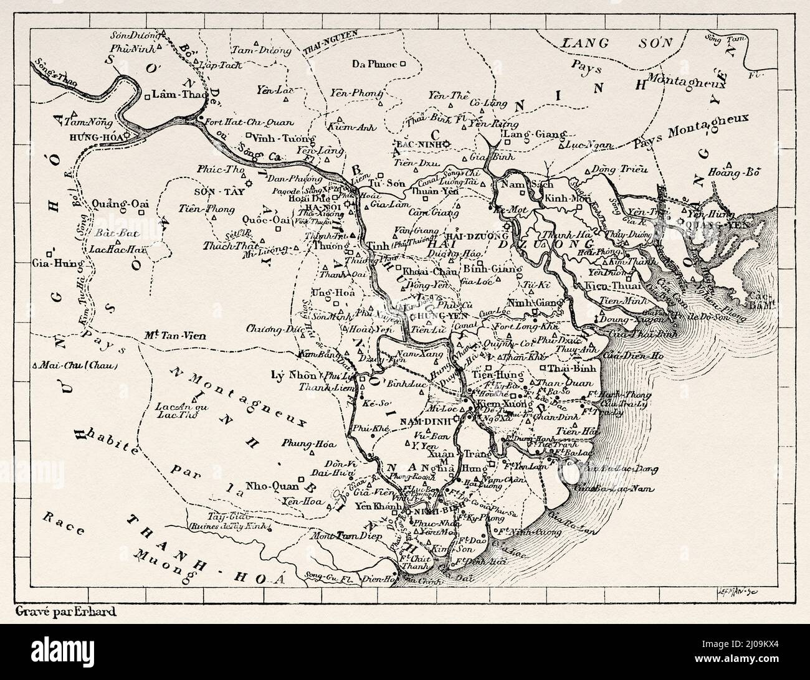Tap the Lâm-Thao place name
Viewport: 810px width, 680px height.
174,95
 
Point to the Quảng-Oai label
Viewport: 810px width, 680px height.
115,203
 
